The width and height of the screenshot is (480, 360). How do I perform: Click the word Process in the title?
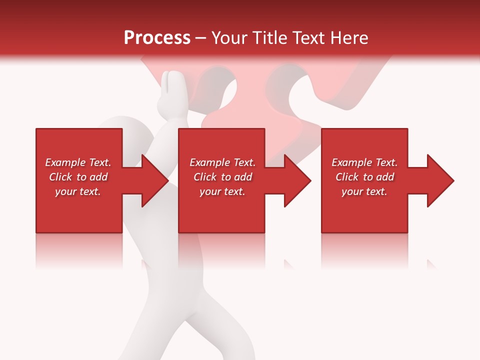tap(157, 38)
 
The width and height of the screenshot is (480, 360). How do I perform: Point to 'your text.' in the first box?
tap(78, 191)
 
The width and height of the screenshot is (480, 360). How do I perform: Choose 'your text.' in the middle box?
tap(222, 191)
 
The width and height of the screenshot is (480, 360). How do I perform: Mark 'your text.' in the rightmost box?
tap(364, 191)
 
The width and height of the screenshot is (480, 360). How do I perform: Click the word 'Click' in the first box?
tap(61, 177)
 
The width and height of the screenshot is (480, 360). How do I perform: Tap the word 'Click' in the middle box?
tap(205, 177)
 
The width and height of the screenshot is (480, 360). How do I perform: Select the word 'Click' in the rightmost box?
tap(347, 177)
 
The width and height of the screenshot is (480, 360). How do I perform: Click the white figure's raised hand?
tap(172, 90)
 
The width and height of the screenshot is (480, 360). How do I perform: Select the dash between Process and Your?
tap(201, 38)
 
